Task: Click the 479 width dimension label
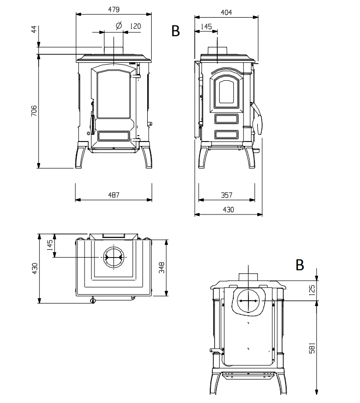(114, 9)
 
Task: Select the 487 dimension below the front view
(114, 195)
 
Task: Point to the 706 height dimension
(34, 111)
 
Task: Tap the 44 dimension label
(34, 29)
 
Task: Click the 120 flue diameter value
(135, 26)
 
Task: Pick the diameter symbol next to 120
(119, 25)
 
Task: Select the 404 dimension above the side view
(226, 12)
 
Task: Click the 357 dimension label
(227, 195)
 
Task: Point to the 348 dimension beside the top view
(161, 267)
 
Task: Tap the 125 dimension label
(312, 290)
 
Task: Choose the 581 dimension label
(312, 348)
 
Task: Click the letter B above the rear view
(300, 265)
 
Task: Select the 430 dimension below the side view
(228, 210)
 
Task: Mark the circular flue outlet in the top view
(114, 257)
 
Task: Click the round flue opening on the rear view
(248, 301)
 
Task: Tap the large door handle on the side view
(258, 118)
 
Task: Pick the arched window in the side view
(226, 92)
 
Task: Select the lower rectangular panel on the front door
(114, 136)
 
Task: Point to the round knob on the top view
(93, 300)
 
